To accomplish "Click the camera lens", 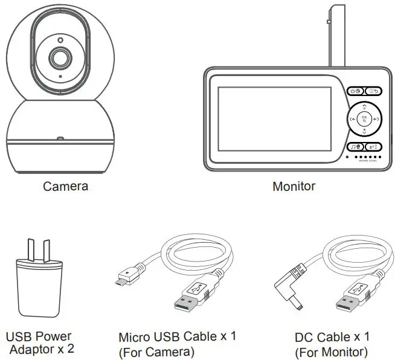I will coord(59,58).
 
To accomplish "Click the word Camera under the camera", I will coord(65,186).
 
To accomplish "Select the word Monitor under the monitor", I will coord(294,186).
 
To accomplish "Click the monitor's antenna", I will coord(335,36).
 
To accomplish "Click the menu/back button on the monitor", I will coord(373,91).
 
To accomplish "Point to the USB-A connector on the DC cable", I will coord(348,300).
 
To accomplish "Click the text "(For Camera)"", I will coord(156,352).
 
